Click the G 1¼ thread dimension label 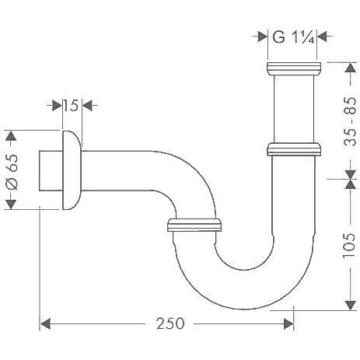pyautogui.click(x=292, y=35)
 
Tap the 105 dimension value pyautogui.click(x=348, y=244)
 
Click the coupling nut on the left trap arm pyautogui.click(x=195, y=226)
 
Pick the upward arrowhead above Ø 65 pyautogui.click(x=11, y=137)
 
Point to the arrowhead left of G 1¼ pyautogui.click(x=262, y=35)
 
